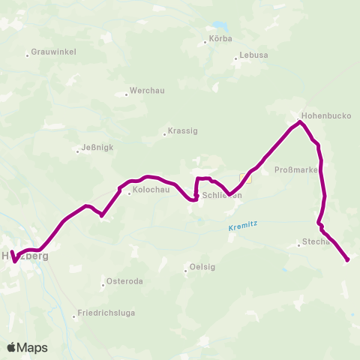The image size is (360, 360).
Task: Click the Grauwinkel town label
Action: pyautogui.click(x=53, y=54)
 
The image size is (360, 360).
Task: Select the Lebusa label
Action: pyautogui.click(x=253, y=55)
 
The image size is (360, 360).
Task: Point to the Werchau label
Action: pyautogui.click(x=146, y=90)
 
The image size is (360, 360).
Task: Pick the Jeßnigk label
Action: pyautogui.click(x=97, y=148)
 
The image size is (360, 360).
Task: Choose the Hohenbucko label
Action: pyautogui.click(x=325, y=116)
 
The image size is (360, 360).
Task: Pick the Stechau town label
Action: pyautogui.click(x=316, y=242)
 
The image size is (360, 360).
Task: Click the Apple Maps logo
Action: pyautogui.click(x=28, y=347)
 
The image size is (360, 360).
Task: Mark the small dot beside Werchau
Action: pyautogui.click(x=126, y=94)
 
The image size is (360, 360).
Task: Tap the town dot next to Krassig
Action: pyautogui.click(x=164, y=135)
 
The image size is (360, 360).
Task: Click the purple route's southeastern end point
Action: pyautogui.click(x=348, y=259)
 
